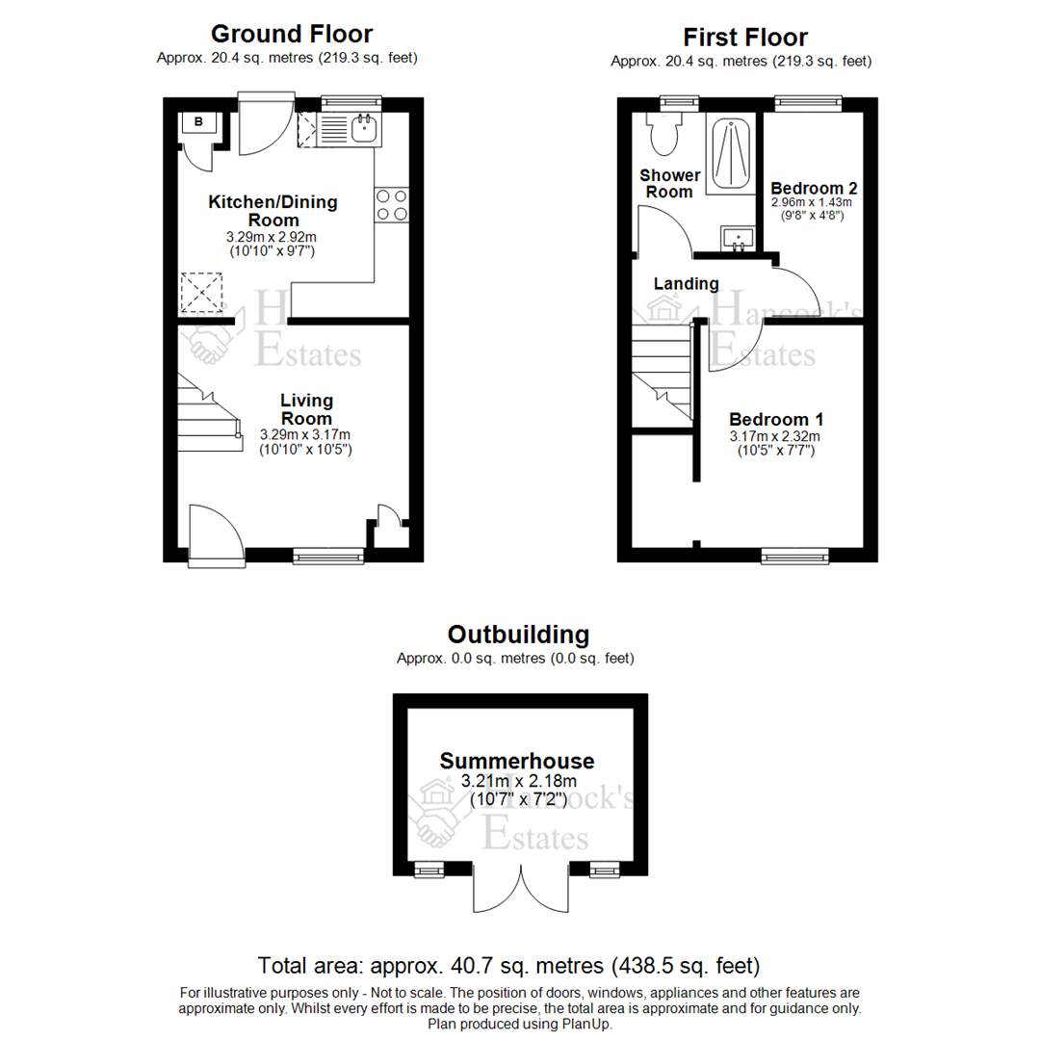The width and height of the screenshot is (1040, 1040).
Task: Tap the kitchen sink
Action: (x=363, y=129)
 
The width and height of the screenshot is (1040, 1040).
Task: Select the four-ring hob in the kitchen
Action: (x=391, y=205)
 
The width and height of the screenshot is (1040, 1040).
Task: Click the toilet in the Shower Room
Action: (x=663, y=135)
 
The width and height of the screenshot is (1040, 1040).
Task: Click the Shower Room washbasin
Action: (x=738, y=237)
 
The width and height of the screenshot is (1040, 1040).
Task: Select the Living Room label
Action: (x=306, y=409)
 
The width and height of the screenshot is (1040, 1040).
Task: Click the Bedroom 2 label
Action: (x=814, y=188)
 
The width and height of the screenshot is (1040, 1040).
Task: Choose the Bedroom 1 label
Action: (x=775, y=420)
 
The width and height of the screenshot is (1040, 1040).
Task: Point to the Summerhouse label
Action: (x=517, y=761)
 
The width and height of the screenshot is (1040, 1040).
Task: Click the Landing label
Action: (x=686, y=284)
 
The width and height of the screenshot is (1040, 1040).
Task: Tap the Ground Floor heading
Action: (x=291, y=35)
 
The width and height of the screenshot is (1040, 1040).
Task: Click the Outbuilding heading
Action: (x=518, y=635)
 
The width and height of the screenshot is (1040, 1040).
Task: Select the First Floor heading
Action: (x=745, y=38)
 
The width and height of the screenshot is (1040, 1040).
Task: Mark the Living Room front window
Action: (x=328, y=555)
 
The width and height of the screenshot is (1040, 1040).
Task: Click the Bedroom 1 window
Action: (x=794, y=555)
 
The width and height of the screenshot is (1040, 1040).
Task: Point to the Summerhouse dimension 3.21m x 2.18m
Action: (x=518, y=781)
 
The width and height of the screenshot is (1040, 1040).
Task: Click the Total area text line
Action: (x=509, y=965)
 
